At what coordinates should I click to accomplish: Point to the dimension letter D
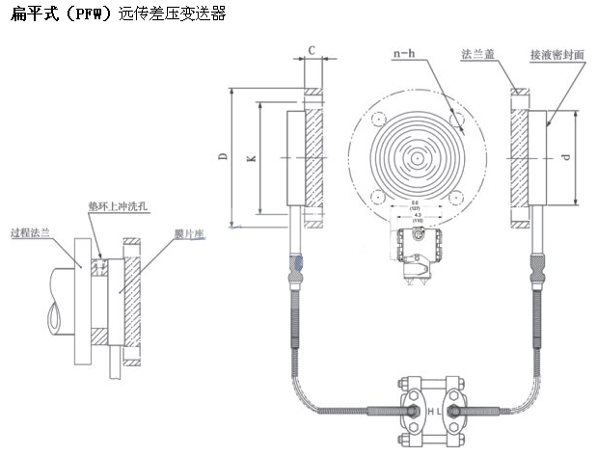[223, 160]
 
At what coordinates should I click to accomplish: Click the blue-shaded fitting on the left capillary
[299, 261]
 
